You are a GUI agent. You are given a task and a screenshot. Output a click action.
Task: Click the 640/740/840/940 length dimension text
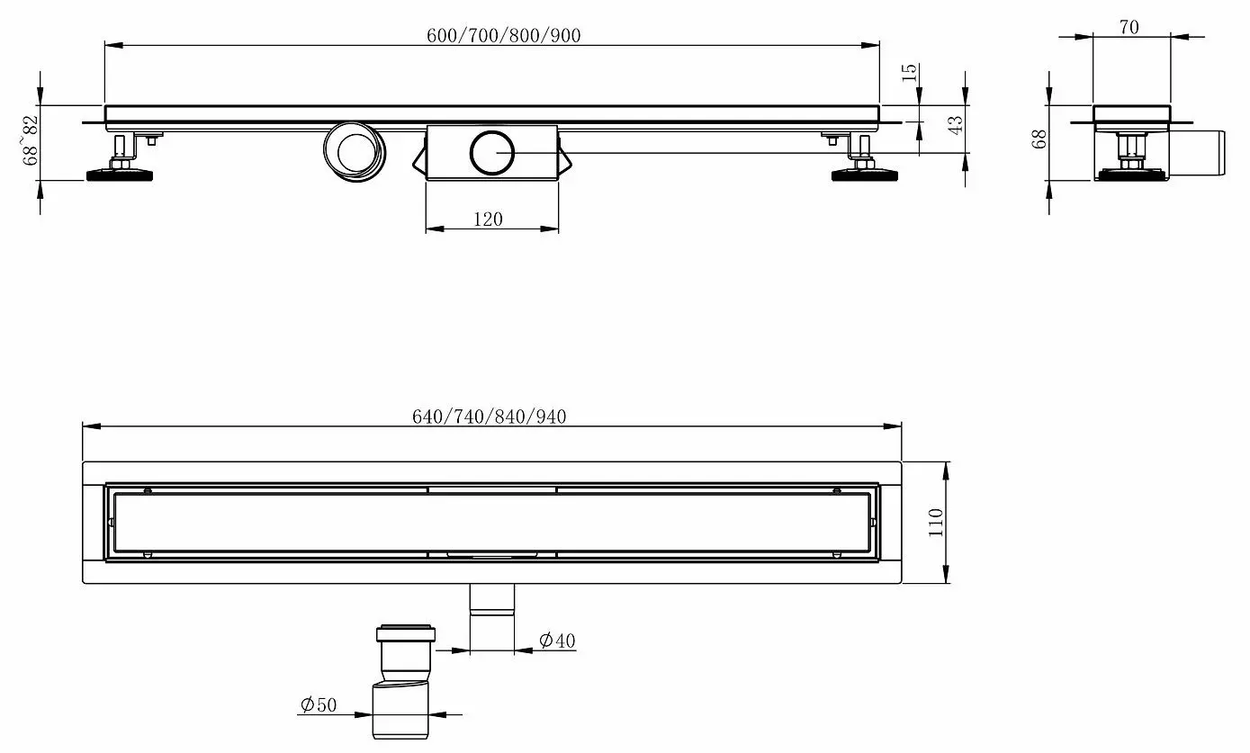490,417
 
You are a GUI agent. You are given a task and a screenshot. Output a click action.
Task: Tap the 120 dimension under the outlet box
487,219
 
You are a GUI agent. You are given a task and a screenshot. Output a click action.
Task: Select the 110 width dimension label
936,523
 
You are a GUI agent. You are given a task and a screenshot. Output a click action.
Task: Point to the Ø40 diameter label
557,641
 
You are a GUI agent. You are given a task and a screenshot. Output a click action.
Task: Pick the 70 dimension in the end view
1129,27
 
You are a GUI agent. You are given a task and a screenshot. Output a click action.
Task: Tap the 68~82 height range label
31,140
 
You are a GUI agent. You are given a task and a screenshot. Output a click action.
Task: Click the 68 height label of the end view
1039,140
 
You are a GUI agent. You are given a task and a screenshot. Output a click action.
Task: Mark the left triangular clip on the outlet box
418,158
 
